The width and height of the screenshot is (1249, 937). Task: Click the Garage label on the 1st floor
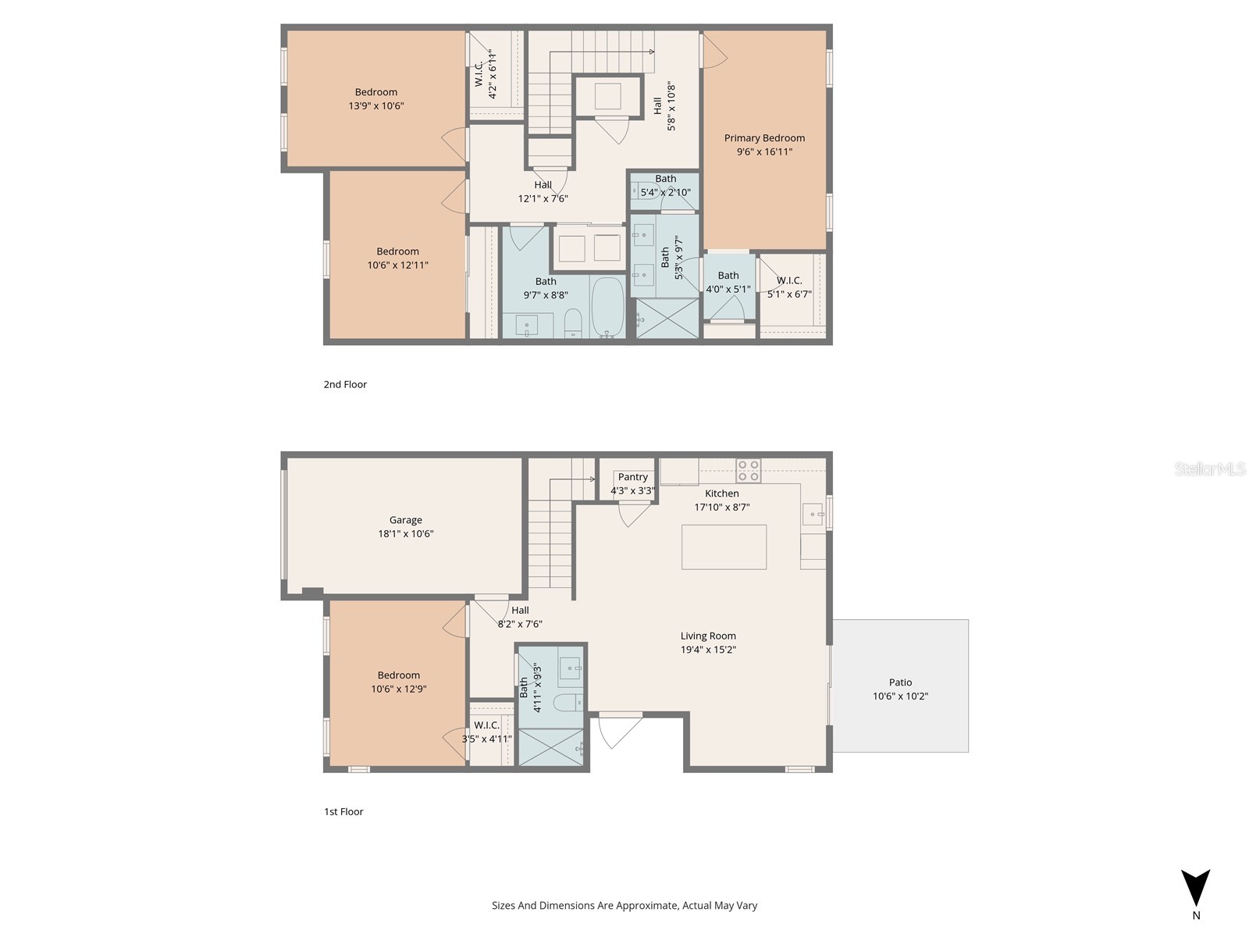(405, 520)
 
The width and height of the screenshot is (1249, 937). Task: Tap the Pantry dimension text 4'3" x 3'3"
(632, 491)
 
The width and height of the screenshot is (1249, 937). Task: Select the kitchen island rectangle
(724, 547)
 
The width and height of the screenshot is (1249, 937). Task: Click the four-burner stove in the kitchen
(748, 471)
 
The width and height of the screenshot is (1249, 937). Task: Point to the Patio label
(900, 682)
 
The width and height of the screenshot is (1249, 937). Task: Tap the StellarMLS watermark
(1210, 469)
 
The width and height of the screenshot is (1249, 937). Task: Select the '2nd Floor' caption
(345, 384)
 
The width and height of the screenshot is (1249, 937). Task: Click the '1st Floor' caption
(343, 811)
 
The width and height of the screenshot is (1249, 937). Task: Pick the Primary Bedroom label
(764, 138)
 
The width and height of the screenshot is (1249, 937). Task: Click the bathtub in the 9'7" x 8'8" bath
(608, 306)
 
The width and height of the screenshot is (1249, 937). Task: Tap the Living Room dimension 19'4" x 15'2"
(708, 650)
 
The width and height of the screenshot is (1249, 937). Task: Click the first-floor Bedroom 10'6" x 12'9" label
(398, 675)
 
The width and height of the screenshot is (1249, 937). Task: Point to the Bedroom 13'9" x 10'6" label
(375, 92)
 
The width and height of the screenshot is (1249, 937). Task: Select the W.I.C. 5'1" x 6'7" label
(789, 280)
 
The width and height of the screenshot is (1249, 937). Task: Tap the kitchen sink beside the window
(813, 514)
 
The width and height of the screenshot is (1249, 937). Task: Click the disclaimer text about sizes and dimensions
(624, 906)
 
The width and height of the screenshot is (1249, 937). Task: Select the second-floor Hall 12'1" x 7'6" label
(543, 185)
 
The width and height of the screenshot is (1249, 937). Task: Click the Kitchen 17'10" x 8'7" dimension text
(722, 507)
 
